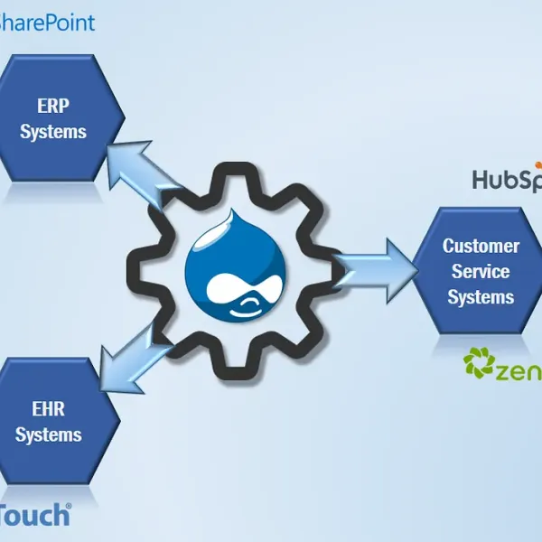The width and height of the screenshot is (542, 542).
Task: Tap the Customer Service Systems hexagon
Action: (x=480, y=270)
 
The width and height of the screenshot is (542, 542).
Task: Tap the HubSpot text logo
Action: (x=507, y=180)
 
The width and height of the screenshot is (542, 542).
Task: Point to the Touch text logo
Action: (x=34, y=515)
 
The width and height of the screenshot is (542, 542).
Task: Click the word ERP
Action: (x=53, y=105)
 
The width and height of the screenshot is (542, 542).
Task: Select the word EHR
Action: (x=49, y=409)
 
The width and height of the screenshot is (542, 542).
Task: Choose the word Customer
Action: (x=481, y=246)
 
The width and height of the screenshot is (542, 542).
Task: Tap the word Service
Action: (x=481, y=271)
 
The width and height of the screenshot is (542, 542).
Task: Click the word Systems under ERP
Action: (x=53, y=132)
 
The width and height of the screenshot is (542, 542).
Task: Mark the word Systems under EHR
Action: (x=49, y=435)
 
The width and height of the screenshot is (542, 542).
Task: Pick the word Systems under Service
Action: (x=481, y=297)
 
